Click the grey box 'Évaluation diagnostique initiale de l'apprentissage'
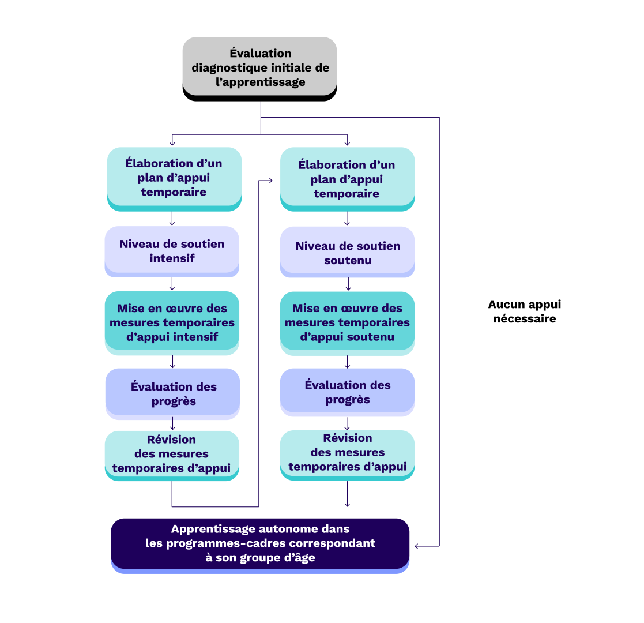[259, 67]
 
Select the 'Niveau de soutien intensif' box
[172, 251]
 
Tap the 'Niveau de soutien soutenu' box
[347, 252]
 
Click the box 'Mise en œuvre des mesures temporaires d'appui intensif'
[172, 322]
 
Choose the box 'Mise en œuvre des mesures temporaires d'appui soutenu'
[347, 322]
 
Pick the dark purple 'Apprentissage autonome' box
[260, 543]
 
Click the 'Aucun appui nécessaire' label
[524, 311]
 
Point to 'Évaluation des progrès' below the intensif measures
[172, 393]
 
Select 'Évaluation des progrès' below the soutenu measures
[347, 392]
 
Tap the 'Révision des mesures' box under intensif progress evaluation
[172, 454]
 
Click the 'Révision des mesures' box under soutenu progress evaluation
[347, 453]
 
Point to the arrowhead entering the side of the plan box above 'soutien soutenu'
[271, 181]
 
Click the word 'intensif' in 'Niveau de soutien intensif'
[172, 258]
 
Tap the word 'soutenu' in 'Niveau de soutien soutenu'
[348, 260]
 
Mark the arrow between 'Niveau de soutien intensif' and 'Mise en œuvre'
[172, 284]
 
